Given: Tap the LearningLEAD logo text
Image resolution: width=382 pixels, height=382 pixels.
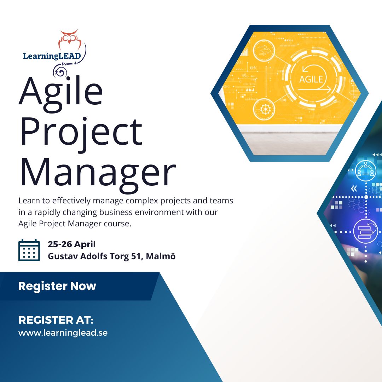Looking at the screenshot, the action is (x=52, y=56).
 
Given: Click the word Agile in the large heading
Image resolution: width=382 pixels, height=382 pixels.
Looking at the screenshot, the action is (x=61, y=94).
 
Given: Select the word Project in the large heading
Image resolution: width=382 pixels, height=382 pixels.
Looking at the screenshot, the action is (x=81, y=133).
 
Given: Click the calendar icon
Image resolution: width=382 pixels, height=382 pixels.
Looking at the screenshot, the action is (x=29, y=250).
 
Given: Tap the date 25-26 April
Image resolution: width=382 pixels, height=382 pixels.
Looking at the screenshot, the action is (x=71, y=244).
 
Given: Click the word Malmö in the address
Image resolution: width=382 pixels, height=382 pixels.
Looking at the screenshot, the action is (x=161, y=256).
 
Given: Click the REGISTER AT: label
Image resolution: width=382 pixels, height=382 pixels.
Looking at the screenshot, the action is (x=56, y=320).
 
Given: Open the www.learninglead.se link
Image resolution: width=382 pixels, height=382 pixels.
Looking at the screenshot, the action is (x=63, y=333).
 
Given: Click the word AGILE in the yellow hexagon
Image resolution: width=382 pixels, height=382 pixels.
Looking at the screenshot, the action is (x=311, y=80).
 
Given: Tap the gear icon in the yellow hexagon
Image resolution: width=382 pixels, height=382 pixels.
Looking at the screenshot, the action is (x=264, y=109).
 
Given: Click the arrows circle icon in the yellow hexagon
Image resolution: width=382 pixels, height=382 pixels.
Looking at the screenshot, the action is (x=264, y=51).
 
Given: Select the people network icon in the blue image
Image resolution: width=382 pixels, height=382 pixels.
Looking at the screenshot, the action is (x=365, y=170).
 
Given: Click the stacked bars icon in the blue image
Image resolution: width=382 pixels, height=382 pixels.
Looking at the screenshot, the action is (x=365, y=232).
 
